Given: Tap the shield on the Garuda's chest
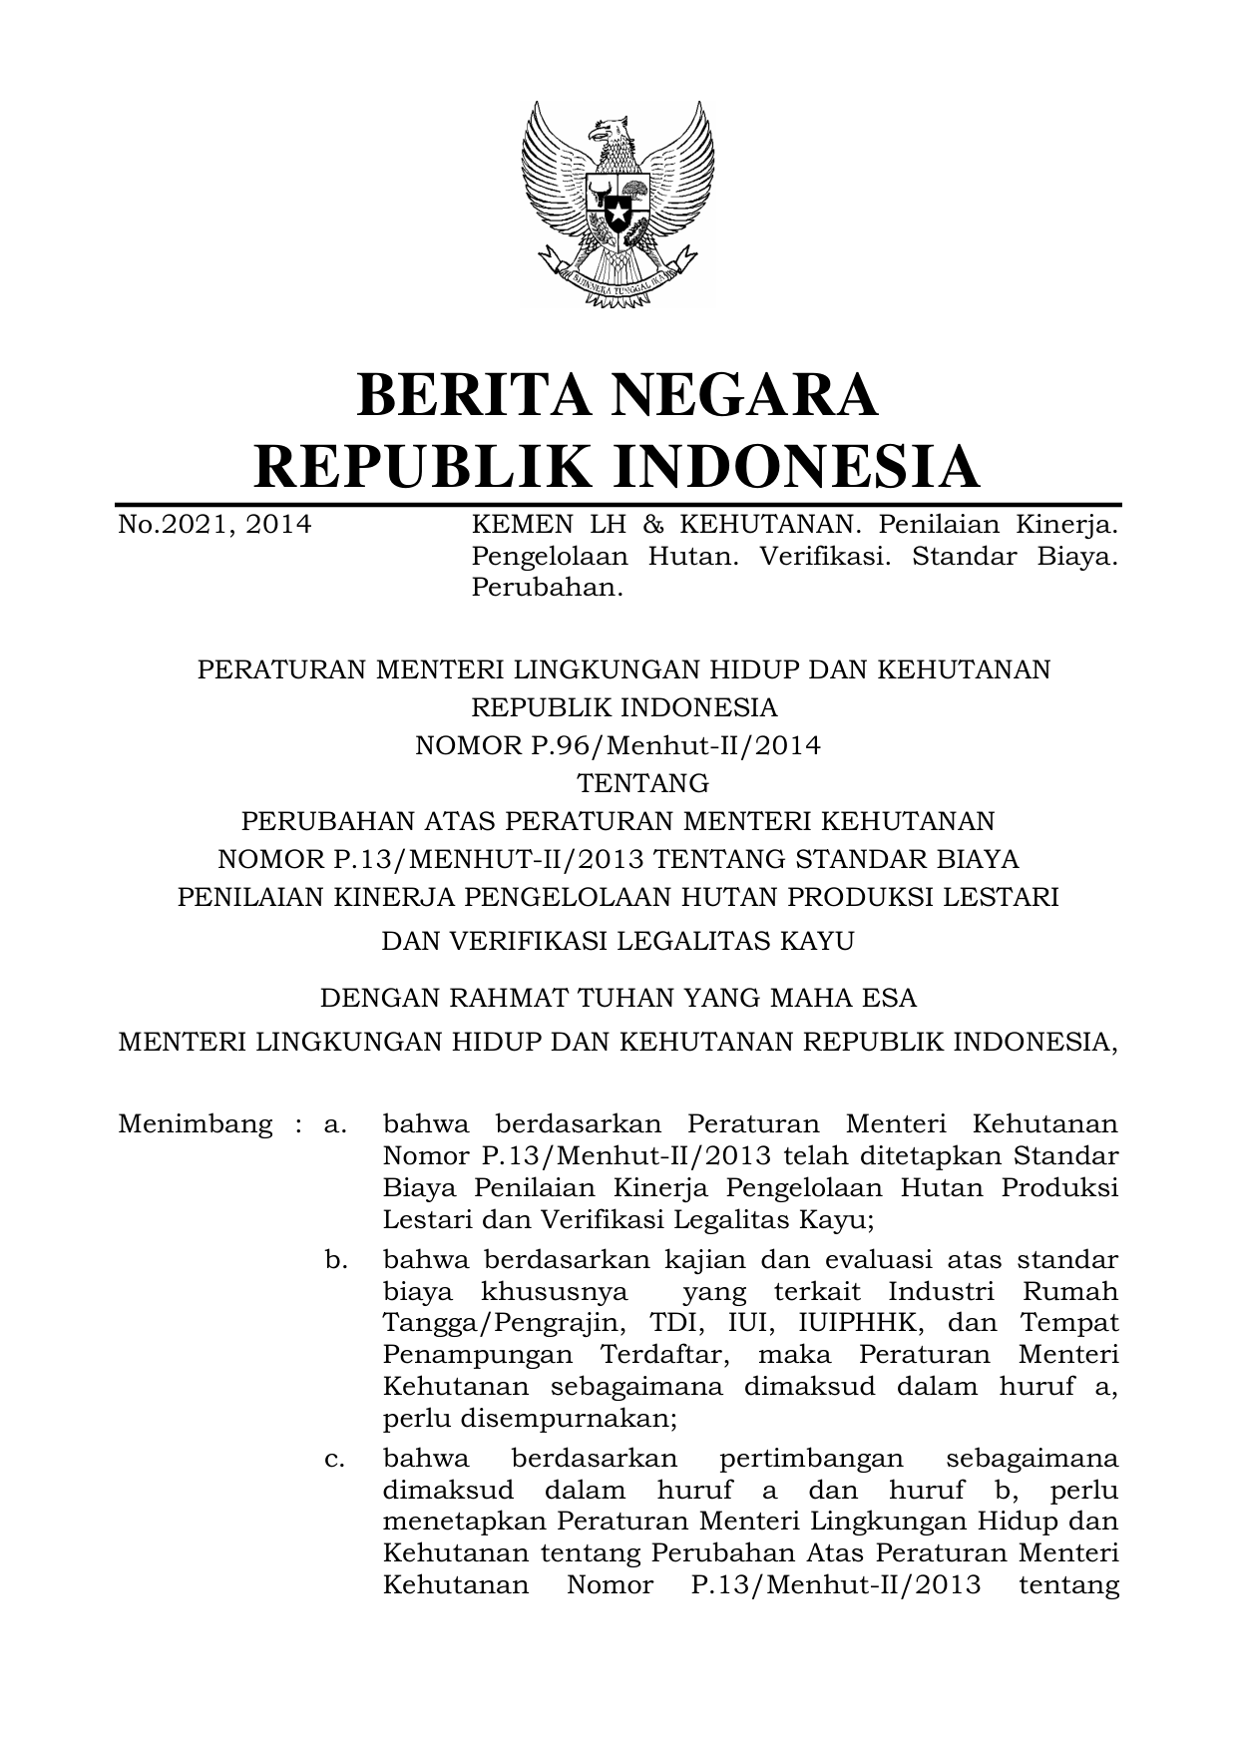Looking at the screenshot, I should [618, 204].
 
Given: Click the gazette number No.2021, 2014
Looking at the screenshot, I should [214, 524].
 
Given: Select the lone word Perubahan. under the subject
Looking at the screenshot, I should [547, 588].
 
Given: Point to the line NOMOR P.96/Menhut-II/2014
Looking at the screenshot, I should [618, 745].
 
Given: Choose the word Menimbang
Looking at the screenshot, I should [195, 1124].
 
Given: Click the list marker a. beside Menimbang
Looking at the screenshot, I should [335, 1124].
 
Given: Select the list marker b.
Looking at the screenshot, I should [335, 1260].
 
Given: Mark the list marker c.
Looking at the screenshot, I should [335, 1459].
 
